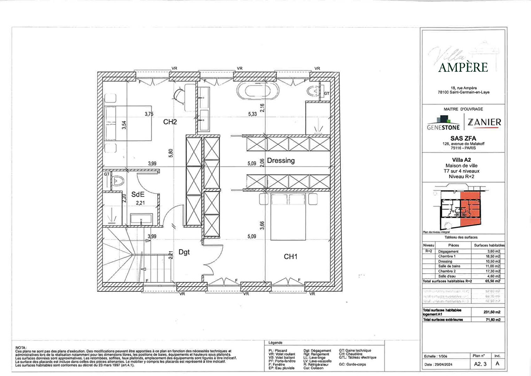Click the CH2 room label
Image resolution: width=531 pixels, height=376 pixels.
170,122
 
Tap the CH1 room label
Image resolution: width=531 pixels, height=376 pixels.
290,257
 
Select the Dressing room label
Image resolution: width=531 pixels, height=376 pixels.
281,160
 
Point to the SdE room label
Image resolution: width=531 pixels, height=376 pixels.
138,194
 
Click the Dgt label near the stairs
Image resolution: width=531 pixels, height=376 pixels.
184,252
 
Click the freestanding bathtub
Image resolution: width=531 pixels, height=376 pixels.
258,91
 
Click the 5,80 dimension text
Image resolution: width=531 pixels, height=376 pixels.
171,153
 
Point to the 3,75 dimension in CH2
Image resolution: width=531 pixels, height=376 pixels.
149,114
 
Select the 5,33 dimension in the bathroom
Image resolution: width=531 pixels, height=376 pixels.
252,114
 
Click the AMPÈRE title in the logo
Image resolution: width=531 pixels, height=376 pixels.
463,67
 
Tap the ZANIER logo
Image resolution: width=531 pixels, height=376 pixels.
484,122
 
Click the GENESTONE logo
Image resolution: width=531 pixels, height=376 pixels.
443,124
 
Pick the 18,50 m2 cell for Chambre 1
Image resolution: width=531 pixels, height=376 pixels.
493,256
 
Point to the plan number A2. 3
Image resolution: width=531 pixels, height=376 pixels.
480,364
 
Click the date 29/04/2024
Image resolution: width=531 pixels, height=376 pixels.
443,365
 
